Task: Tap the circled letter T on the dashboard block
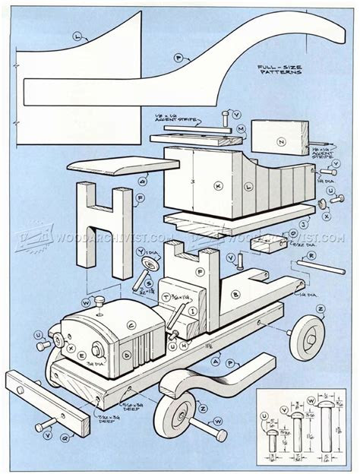click(x=166, y=295)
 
